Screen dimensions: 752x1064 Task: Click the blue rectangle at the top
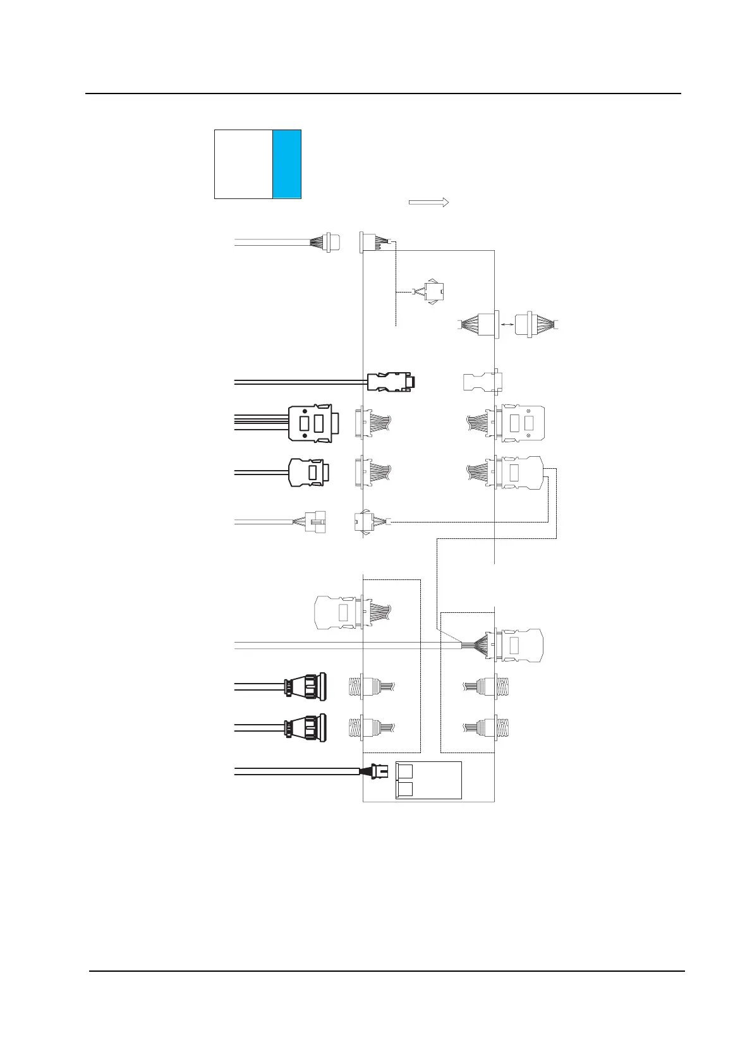[x=286, y=164]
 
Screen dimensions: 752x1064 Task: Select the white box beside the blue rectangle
[x=243, y=164]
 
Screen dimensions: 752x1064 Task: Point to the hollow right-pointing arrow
[x=428, y=202]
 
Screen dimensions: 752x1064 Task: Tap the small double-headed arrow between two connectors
[x=507, y=324]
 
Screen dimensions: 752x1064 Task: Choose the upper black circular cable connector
[x=306, y=687]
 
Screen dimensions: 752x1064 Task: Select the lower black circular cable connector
[x=306, y=728]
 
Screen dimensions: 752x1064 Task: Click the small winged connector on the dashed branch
[x=434, y=292]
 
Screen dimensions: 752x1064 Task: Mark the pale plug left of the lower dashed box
[x=335, y=612]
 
